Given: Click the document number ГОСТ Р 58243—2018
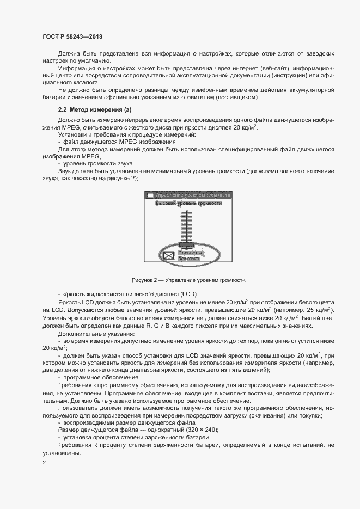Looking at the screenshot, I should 72,36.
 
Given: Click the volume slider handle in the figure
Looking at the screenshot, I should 186,244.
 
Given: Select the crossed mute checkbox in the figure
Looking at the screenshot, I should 169,255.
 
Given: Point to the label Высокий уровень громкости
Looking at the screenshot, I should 188,203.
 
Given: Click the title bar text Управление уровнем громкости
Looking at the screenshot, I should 193,194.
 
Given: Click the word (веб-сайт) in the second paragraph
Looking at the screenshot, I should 259,68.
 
